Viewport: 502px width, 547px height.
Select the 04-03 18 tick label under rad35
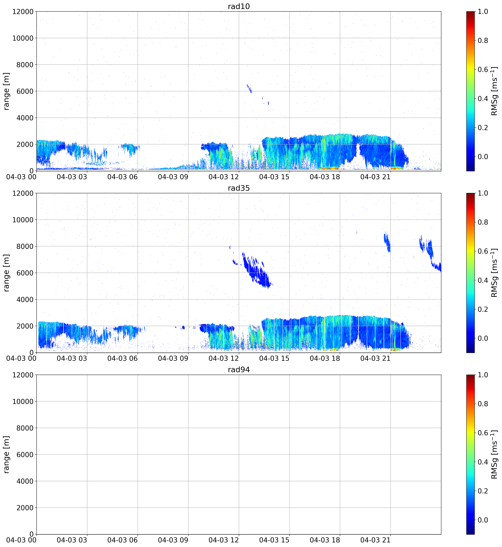click(x=325, y=358)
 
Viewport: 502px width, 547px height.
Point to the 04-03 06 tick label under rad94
click(x=123, y=540)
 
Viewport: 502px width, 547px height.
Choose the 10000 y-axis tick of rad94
click(x=23, y=401)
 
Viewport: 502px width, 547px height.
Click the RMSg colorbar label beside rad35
click(x=494, y=273)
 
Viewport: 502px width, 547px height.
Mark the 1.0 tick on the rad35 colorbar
click(x=483, y=193)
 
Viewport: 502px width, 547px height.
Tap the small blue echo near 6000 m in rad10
click(x=249, y=89)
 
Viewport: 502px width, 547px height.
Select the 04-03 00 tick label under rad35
click(x=21, y=358)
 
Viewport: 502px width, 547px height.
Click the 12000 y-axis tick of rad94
click(x=23, y=375)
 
